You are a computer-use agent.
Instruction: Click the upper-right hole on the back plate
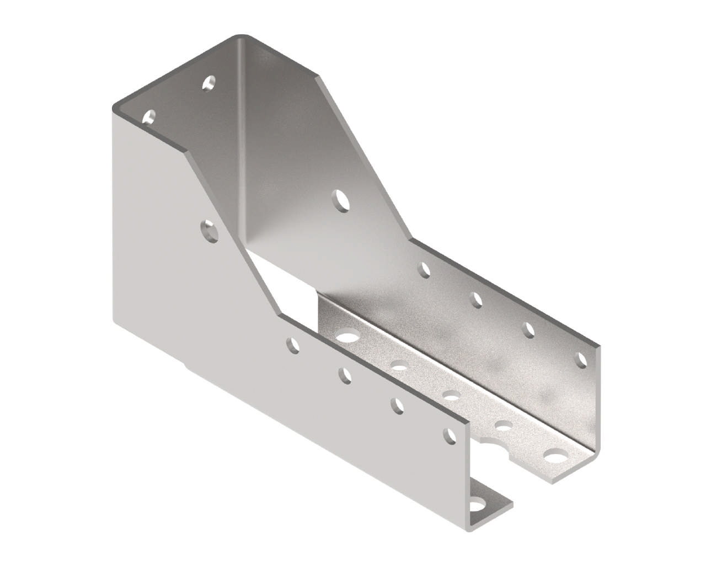[208, 83]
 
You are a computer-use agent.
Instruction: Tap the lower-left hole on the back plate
[148, 116]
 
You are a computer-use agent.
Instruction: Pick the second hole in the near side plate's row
[345, 375]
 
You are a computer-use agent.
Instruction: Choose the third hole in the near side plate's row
[397, 406]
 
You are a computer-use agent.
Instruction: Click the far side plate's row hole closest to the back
[424, 270]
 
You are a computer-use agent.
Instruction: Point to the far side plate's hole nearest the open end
[581, 360]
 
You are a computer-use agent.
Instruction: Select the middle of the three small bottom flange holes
[452, 395]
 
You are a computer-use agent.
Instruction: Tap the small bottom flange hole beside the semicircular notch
[503, 425]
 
